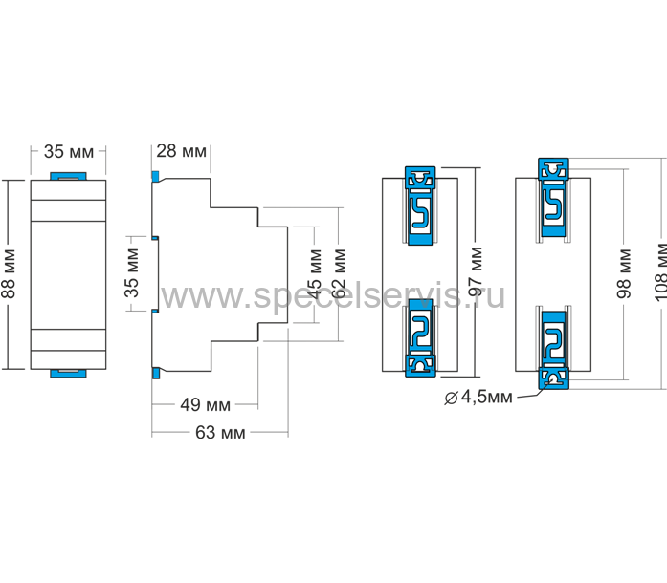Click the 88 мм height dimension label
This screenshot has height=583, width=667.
point(10,273)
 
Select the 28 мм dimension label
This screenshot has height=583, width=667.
point(181,151)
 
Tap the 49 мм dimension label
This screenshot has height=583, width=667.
point(206,404)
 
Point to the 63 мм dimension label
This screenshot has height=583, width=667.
point(220,433)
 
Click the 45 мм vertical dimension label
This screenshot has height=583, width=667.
point(315,274)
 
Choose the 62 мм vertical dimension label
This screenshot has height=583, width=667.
point(339,273)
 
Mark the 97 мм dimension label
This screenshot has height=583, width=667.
point(476,271)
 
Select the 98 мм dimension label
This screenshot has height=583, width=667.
point(624,273)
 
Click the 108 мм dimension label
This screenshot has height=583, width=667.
point(660,272)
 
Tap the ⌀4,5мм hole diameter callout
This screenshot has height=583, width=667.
point(478,397)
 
